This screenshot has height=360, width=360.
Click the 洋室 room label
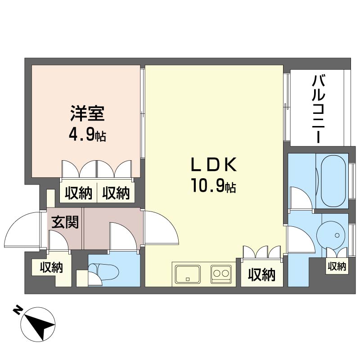click(87, 113)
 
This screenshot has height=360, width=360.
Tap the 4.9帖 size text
click(87, 136)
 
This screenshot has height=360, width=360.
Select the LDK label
click(214, 164)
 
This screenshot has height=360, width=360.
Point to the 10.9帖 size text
click(214, 186)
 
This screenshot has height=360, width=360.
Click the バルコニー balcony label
click(318, 109)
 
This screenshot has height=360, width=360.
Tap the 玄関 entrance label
click(65, 222)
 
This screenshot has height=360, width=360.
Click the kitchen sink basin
click(188, 274)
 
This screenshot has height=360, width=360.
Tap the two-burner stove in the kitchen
click(221, 274)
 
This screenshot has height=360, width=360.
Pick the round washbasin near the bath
click(331, 235)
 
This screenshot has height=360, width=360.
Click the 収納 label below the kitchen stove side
click(261, 274)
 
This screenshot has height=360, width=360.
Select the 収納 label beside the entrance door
click(51, 267)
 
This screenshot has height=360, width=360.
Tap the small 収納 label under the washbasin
click(337, 266)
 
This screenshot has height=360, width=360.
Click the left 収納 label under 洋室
click(78, 193)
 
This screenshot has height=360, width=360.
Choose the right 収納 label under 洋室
click(116, 193)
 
